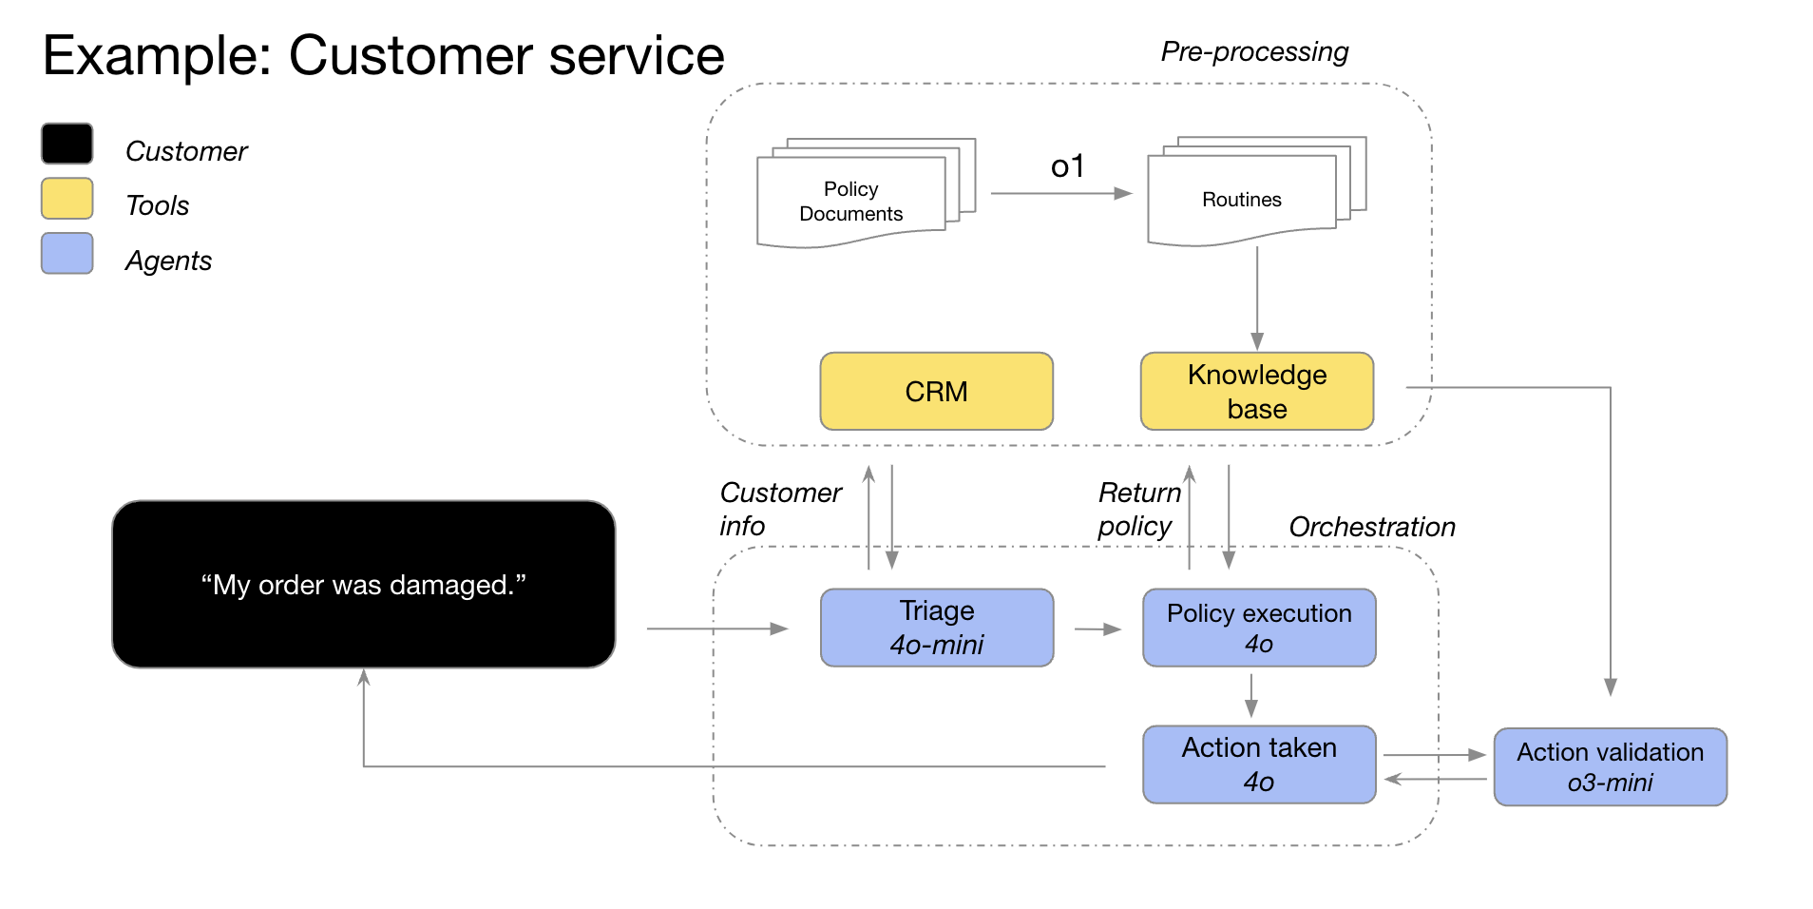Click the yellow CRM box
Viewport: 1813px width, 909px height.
(936, 391)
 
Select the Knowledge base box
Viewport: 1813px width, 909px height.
(1256, 391)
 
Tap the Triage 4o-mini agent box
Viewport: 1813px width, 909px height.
(936, 628)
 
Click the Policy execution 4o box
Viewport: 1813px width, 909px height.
(1258, 628)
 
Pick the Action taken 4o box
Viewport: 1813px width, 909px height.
(1258, 764)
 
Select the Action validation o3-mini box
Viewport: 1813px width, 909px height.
(1610, 766)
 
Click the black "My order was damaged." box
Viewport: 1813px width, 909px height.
(363, 584)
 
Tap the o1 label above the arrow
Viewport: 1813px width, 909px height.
(1066, 166)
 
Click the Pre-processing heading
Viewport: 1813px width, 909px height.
(1253, 51)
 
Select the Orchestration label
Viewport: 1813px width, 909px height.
(1371, 527)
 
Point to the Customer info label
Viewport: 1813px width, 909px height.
(779, 509)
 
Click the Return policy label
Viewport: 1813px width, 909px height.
(1138, 509)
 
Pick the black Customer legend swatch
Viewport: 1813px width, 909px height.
(67, 144)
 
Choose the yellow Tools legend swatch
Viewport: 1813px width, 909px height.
(67, 199)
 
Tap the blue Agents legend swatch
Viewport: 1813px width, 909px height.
(67, 254)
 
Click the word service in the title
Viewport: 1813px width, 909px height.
(636, 55)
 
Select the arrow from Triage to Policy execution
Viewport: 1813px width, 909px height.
(1097, 629)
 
